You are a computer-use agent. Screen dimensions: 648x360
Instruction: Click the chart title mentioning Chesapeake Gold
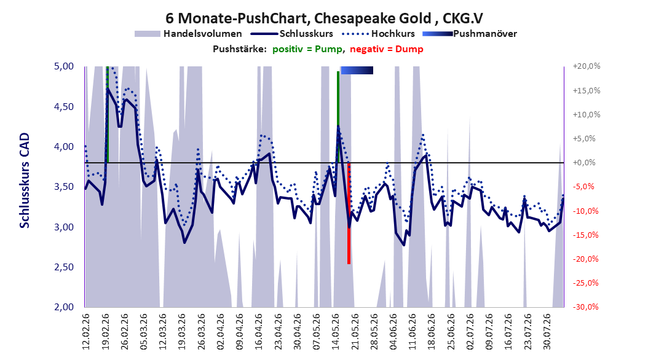tap(324, 18)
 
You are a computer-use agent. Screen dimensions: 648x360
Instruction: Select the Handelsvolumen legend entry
tap(188, 34)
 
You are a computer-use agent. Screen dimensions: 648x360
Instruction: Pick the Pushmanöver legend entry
tap(470, 34)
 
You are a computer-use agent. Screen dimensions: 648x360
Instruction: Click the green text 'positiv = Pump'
tap(307, 49)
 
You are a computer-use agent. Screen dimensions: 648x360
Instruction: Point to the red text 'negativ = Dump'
tap(387, 49)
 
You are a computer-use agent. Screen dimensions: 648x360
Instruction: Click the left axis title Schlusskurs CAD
tap(25, 181)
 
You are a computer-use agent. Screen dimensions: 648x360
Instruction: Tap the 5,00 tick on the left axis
tap(64, 66)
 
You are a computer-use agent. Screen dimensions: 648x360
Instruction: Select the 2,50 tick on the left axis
tap(64, 267)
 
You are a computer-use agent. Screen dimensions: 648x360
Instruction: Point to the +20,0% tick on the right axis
tap(587, 66)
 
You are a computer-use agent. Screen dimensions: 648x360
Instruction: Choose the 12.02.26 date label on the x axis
tap(86, 332)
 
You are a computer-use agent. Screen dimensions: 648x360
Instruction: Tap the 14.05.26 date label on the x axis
tap(336, 332)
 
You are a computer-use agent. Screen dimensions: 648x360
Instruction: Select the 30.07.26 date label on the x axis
tap(547, 332)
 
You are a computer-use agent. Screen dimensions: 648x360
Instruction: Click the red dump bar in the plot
tap(349, 213)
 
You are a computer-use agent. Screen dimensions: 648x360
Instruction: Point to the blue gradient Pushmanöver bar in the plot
tap(357, 70)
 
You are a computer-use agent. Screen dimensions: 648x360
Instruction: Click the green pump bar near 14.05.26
tap(338, 117)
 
